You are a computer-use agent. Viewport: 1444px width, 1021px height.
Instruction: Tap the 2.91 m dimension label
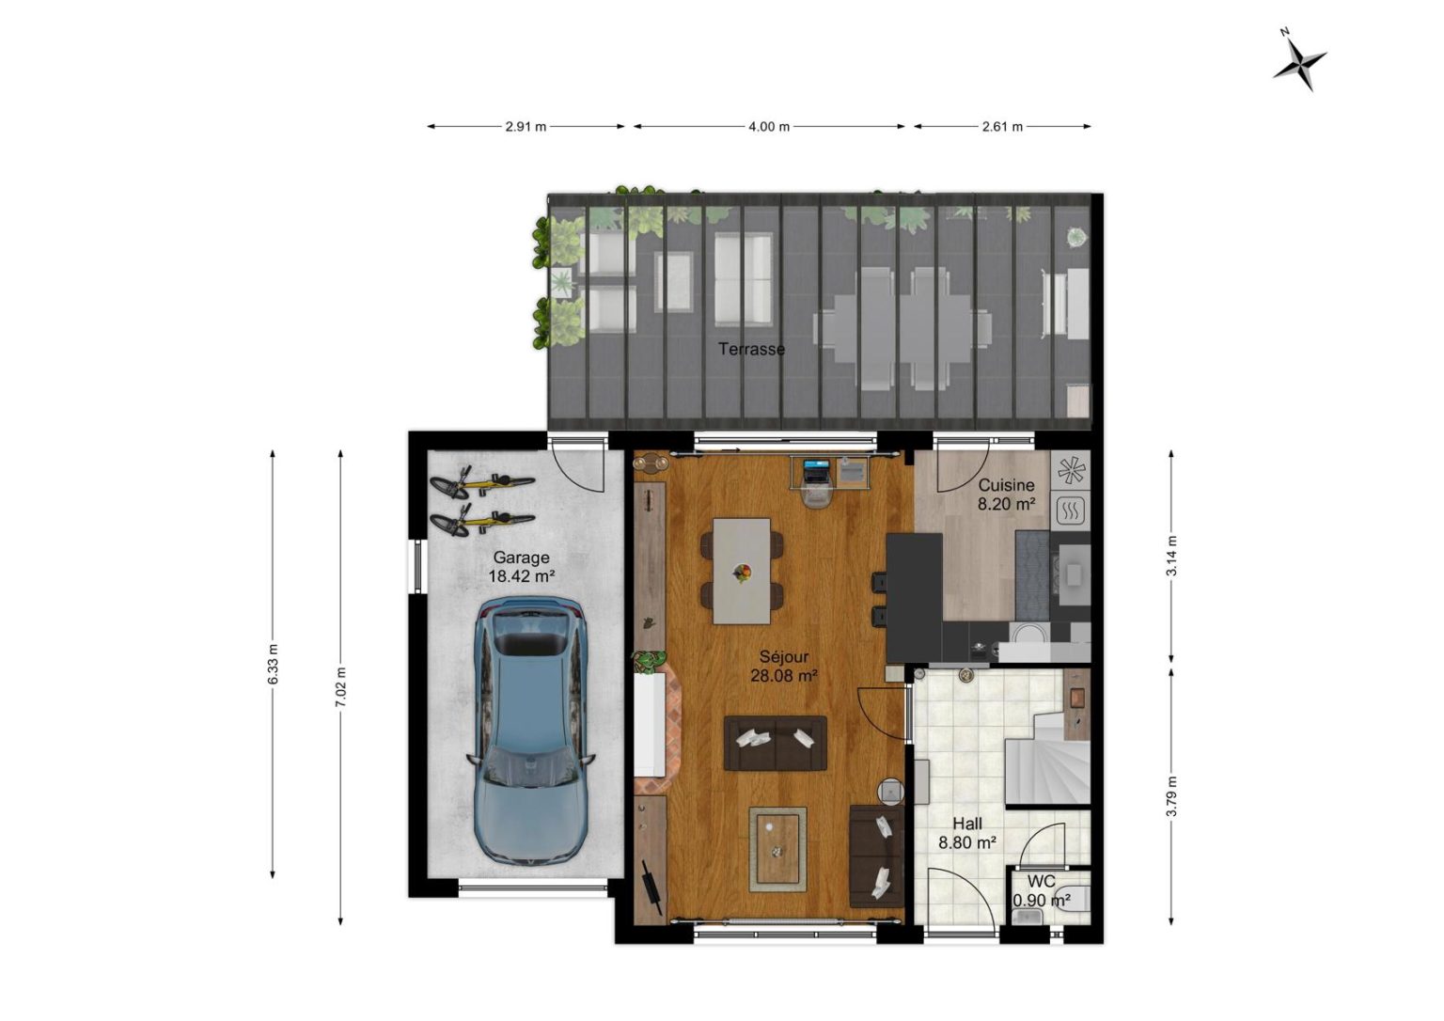[526, 127]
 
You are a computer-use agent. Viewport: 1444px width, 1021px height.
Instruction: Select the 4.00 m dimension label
[768, 127]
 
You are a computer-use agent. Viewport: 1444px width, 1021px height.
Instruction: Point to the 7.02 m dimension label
[341, 687]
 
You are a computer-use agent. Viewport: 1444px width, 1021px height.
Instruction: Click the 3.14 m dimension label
[1172, 557]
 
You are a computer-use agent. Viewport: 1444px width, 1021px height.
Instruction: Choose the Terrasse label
[752, 349]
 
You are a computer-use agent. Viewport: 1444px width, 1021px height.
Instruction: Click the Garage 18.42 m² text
[522, 567]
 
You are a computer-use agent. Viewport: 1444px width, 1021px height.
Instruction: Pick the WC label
[1041, 881]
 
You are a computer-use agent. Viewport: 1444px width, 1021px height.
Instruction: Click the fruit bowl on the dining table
[742, 572]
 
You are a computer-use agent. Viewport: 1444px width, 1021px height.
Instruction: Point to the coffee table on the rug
[777, 848]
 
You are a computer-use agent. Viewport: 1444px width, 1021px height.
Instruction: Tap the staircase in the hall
[1047, 759]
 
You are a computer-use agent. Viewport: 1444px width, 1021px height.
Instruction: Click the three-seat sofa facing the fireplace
[775, 743]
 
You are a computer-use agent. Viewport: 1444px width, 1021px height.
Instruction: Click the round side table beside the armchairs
[891, 792]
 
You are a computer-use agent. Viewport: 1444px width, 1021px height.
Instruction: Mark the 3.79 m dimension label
[1172, 796]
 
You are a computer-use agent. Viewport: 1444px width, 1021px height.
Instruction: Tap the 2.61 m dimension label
[1002, 127]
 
